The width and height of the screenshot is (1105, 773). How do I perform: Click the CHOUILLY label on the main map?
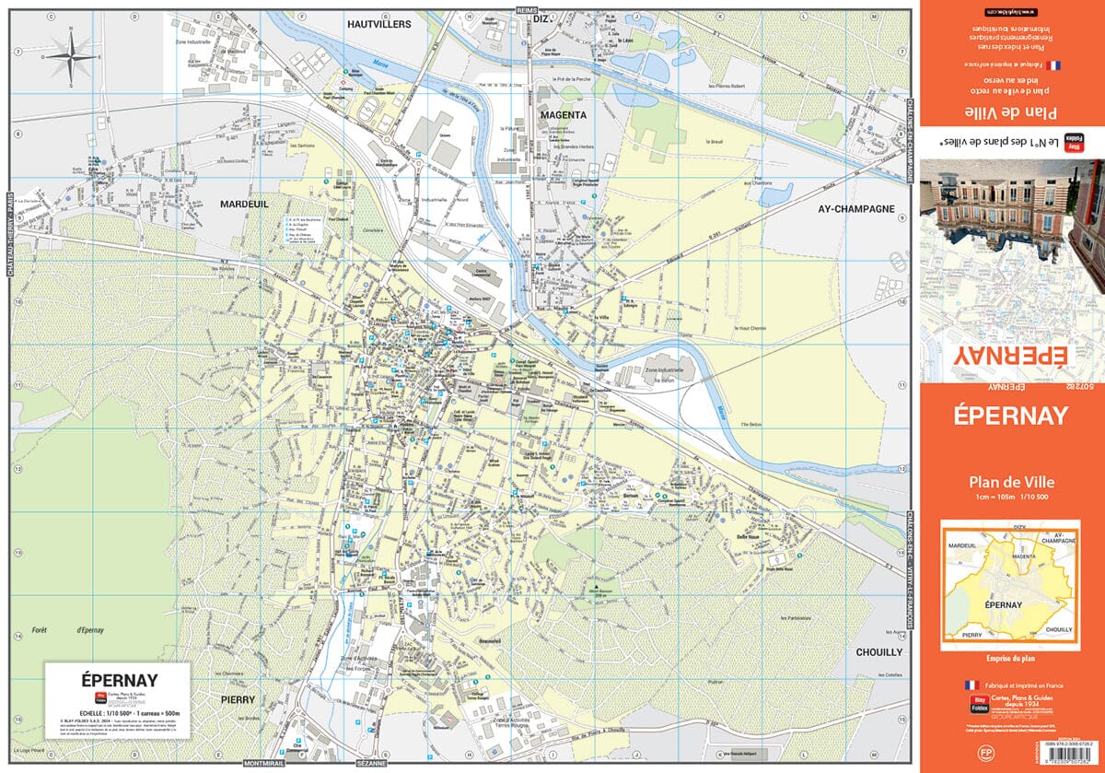[879, 651]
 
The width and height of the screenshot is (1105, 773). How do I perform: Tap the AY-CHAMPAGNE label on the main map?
[856, 209]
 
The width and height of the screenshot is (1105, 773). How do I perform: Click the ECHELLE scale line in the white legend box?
[116, 713]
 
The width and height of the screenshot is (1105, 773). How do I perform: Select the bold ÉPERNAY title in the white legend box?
[117, 681]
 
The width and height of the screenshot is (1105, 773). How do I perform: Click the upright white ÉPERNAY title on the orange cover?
[1011, 416]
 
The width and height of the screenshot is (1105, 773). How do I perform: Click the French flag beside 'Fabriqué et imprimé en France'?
[970, 685]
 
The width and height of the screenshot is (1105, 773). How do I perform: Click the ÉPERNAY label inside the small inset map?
[1006, 607]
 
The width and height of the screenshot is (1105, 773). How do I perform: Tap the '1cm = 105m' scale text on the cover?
[983, 498]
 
